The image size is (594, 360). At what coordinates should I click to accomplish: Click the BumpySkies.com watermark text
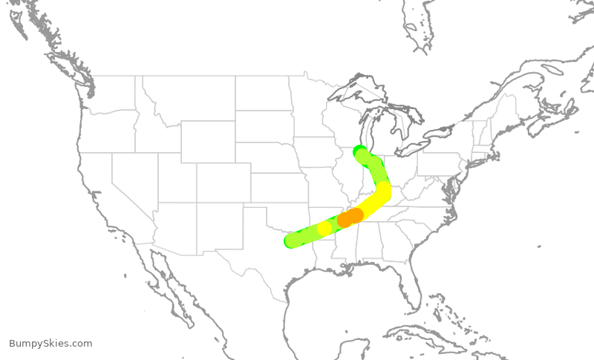[50, 343]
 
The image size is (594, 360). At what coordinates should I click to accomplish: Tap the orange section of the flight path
[350, 217]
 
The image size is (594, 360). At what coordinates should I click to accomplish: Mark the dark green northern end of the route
[359, 151]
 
